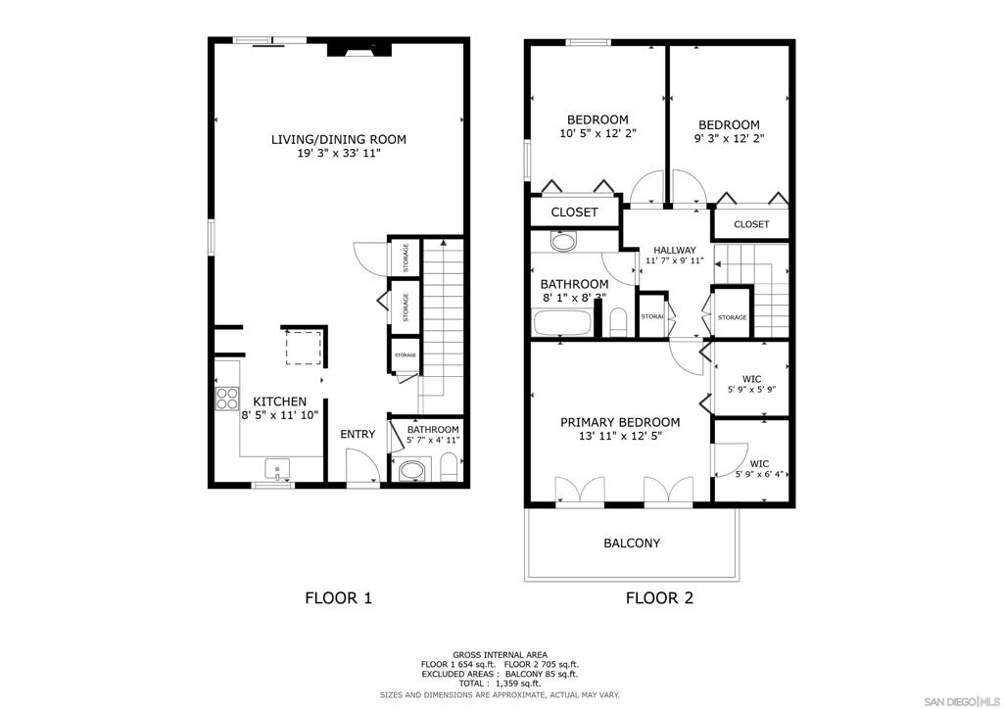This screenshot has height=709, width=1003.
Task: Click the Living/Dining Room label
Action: pos(338,139)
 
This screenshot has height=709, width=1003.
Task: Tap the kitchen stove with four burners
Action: pos(227,399)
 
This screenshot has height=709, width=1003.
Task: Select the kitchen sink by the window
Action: pos(277,469)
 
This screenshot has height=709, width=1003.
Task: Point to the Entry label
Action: pos(358,434)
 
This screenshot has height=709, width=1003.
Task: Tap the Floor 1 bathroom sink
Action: pos(412,471)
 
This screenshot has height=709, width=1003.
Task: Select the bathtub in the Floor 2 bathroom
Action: pos(561,323)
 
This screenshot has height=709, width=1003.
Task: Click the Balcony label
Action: pos(632,543)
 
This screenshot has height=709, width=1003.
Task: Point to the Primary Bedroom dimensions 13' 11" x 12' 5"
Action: pos(620,436)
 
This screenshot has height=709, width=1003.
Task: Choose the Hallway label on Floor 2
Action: pos(675,250)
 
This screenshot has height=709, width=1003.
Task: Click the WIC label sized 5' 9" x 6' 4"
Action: pos(759,463)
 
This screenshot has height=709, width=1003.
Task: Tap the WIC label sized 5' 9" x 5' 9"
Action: pos(751,379)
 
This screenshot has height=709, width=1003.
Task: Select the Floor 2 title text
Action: pos(659,598)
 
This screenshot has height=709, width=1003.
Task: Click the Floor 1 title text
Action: pos(338,598)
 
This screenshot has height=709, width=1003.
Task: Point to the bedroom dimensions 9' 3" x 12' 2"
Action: pos(729,138)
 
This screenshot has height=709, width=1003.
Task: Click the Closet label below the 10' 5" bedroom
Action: pos(574,213)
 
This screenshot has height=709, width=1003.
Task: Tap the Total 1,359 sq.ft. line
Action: pos(500,684)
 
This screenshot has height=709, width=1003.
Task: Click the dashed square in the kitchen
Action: pos(304,348)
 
